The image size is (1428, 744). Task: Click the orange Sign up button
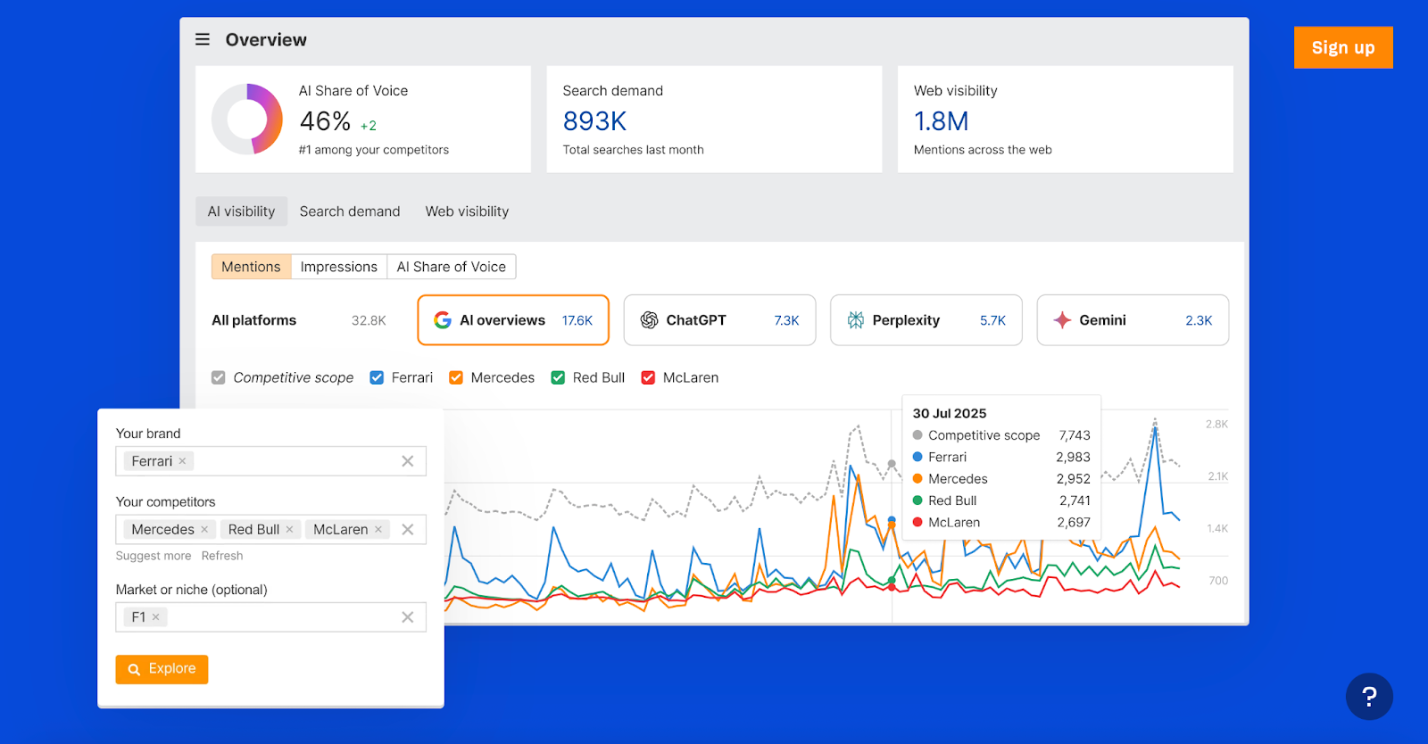[1342, 47]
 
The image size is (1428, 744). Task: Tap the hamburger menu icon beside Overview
[203, 39]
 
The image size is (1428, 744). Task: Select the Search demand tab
[350, 211]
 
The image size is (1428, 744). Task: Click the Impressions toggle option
[338, 267]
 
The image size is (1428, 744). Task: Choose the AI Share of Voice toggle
[451, 267]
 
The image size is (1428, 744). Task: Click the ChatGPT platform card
[719, 320]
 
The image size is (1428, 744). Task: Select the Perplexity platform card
[926, 320]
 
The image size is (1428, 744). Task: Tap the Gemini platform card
[1132, 320]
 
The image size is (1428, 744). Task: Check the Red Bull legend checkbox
[558, 377]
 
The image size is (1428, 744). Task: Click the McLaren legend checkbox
[648, 377]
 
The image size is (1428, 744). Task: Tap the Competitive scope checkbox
[219, 377]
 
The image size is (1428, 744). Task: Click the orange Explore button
[162, 669]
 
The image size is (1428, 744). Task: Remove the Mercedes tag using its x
[204, 529]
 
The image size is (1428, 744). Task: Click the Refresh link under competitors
[222, 556]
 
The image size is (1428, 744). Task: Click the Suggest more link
[154, 556]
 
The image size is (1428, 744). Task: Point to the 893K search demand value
[594, 121]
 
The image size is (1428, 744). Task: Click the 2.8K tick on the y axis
[1216, 424]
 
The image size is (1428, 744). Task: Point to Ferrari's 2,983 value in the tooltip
[1073, 457]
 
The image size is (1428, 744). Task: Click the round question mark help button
[1369, 697]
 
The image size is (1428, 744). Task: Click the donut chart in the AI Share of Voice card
[247, 119]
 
